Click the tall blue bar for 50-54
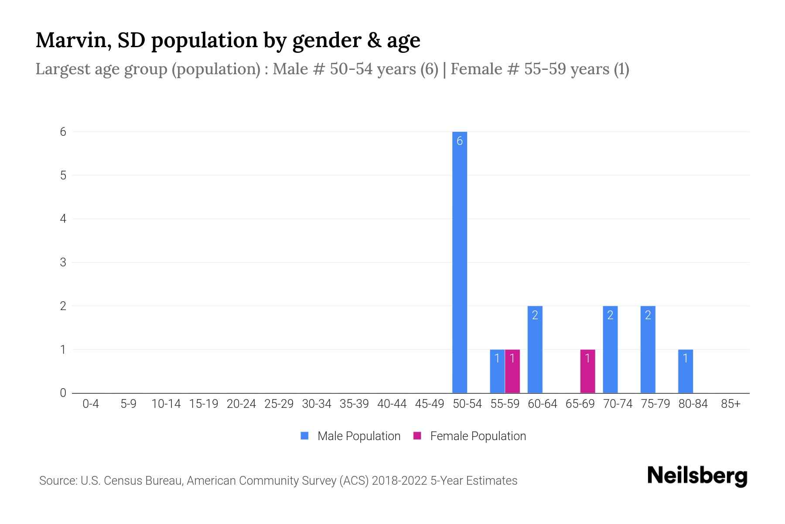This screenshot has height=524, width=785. [459, 262]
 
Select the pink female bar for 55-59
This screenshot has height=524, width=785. [512, 371]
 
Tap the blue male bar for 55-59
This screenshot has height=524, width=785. [497, 371]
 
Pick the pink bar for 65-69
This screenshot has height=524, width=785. [587, 371]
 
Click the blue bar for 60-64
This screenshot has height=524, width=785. [535, 349]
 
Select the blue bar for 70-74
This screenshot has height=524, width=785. [610, 349]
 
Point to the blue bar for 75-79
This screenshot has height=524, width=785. [648, 349]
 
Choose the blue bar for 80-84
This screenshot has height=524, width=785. [685, 371]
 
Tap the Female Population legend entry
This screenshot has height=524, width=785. [470, 436]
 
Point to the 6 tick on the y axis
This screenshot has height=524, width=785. [63, 132]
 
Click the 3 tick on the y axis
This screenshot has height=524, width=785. [63, 262]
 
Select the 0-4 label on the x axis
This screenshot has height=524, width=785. [91, 404]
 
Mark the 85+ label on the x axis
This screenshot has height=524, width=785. [730, 404]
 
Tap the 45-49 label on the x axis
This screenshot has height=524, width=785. [429, 404]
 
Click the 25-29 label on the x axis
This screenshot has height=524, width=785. [279, 404]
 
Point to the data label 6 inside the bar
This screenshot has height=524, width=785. [459, 141]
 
